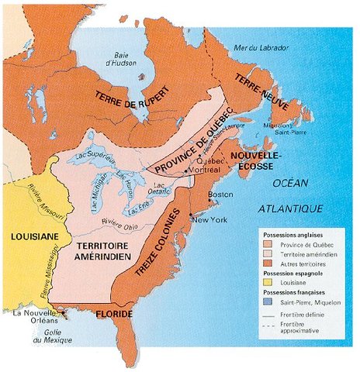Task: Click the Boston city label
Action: point(237,195)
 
